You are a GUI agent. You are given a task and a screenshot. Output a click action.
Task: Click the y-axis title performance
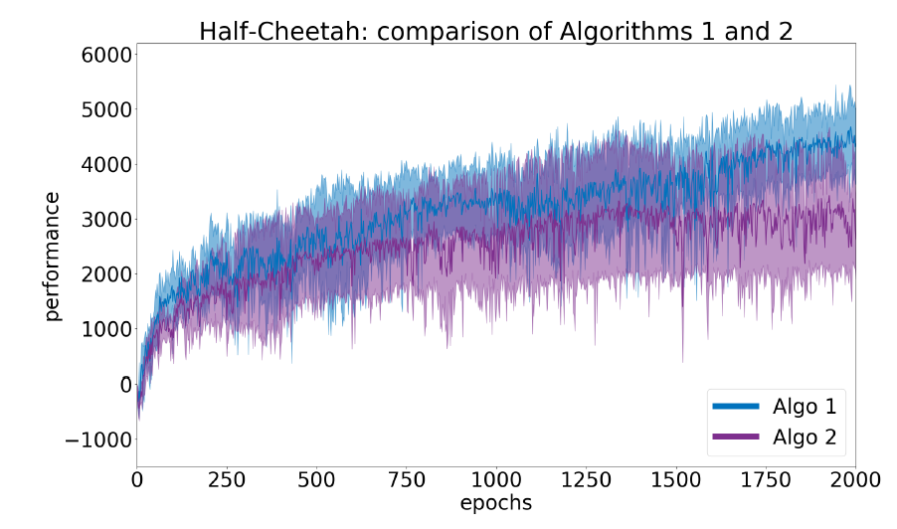click(52, 256)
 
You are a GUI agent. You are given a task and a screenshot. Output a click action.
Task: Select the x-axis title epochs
click(495, 503)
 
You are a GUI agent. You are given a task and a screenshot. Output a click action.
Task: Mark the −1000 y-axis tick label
click(95, 440)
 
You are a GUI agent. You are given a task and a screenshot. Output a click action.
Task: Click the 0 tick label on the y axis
click(125, 385)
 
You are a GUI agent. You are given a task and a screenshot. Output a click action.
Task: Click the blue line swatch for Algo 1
click(735, 406)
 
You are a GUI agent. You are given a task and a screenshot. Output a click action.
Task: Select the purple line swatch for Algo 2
click(735, 437)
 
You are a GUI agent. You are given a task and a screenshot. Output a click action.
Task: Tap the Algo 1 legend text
click(804, 406)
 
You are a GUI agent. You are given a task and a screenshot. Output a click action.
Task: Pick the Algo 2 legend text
click(804, 437)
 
